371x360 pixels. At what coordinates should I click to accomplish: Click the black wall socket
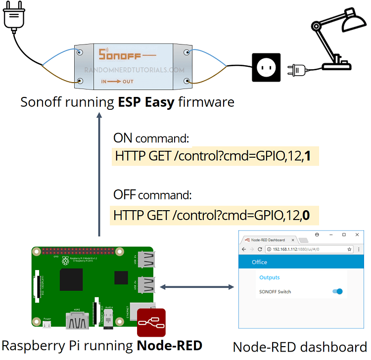coord(267,67)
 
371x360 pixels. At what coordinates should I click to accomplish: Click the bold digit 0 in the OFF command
coord(307,216)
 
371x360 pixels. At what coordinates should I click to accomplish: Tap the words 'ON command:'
coord(152,138)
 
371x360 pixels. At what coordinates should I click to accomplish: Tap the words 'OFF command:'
coord(152,194)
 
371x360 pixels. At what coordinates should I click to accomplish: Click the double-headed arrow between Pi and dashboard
coord(196,287)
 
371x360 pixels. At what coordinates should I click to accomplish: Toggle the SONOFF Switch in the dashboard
coord(338,292)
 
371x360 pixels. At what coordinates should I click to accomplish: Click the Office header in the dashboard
coord(260,262)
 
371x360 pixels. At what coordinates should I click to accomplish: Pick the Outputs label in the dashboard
coord(270,278)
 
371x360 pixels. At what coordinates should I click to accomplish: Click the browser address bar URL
coord(296,249)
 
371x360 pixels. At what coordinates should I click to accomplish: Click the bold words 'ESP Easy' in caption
coord(146,102)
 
